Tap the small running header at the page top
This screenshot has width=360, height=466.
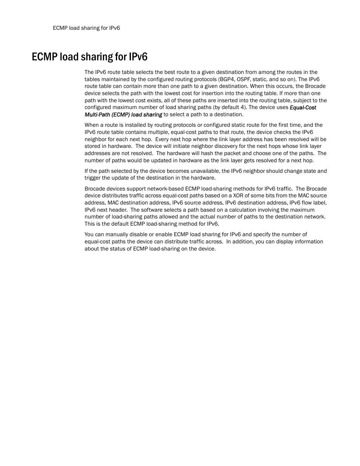pos(86,28)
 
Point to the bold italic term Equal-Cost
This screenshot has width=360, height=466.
pos(303,108)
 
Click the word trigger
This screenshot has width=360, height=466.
pos(92,178)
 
